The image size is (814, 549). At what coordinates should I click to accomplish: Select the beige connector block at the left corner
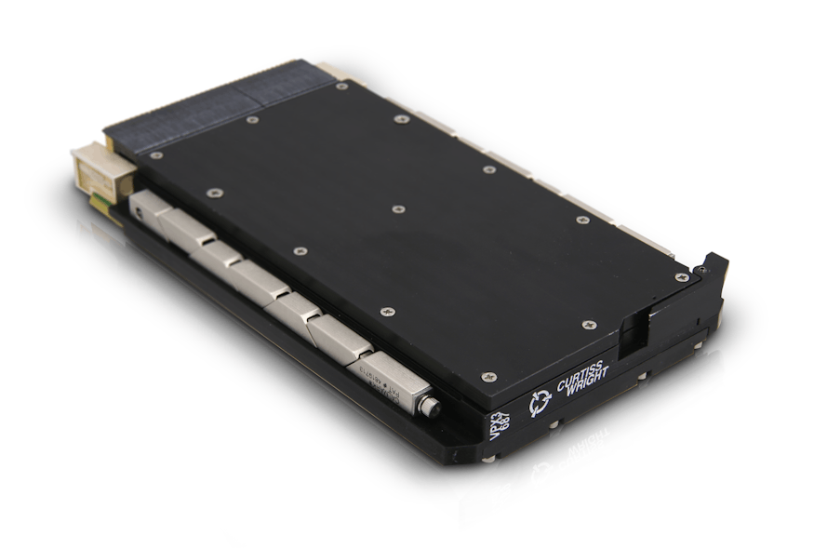point(100,173)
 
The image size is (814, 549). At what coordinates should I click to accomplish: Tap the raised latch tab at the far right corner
point(714,266)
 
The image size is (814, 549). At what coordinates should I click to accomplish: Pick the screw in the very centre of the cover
point(397,209)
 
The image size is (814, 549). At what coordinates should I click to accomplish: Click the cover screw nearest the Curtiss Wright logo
point(488,377)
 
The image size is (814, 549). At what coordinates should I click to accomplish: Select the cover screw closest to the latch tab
point(682,276)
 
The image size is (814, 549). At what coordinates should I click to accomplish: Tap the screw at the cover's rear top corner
point(341,87)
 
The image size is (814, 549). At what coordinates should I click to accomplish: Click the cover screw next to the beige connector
point(156,154)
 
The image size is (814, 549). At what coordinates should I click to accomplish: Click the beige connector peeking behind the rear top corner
point(329,70)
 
